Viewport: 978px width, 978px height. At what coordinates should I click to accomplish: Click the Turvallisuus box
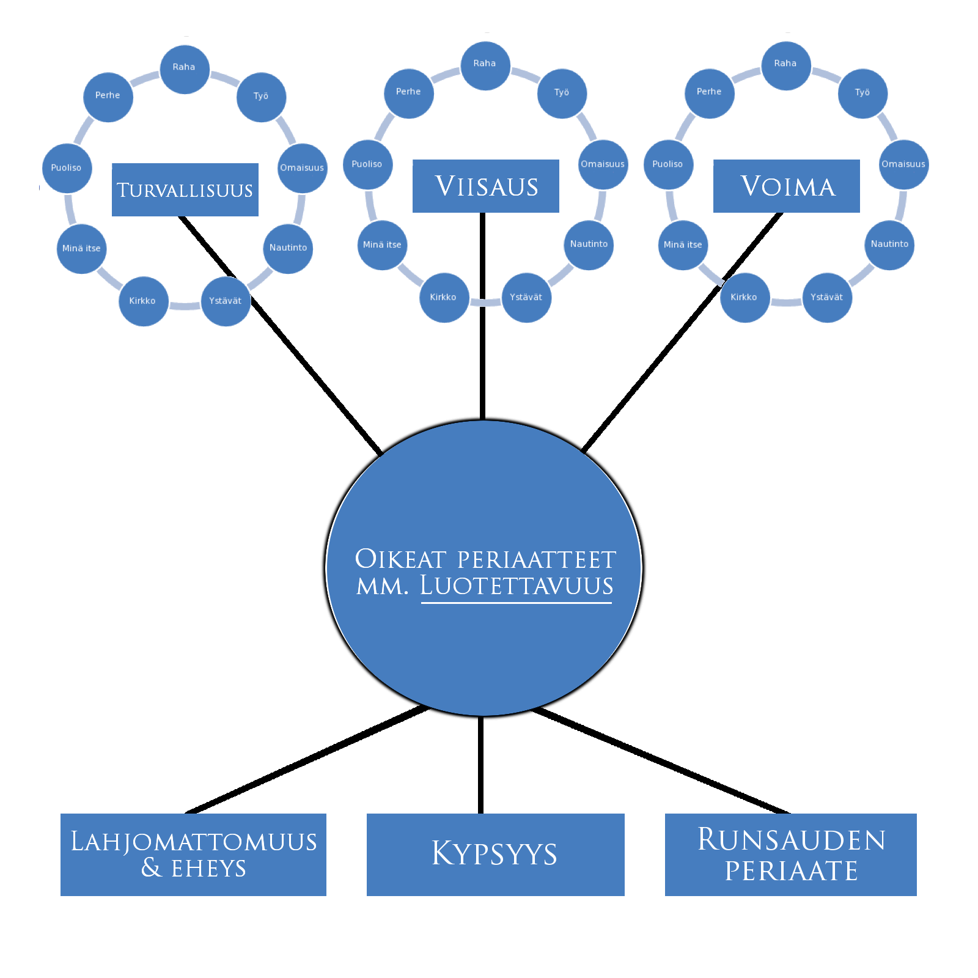185,189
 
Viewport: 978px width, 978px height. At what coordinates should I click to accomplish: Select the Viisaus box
485,186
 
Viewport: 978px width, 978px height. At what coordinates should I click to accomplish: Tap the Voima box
786,186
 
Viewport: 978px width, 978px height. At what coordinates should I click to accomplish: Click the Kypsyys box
495,854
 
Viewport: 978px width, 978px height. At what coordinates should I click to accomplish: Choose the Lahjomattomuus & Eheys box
193,854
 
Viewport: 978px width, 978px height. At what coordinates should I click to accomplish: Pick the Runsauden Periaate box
790,854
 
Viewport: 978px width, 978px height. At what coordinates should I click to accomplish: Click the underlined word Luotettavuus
516,586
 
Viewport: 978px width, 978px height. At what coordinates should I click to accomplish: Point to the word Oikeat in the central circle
400,559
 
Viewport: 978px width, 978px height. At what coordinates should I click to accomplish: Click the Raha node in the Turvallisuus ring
184,69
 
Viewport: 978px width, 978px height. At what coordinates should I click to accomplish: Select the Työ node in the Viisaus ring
562,94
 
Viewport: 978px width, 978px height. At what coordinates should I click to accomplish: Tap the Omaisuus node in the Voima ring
903,164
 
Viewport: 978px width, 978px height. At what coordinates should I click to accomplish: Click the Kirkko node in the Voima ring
744,298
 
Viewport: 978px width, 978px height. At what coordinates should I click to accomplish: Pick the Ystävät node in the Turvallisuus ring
226,301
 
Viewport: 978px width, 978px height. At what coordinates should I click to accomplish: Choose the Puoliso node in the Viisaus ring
367,164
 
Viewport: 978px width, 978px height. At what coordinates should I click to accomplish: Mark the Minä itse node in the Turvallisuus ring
81,248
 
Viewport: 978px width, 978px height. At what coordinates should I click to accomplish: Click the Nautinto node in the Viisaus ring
589,244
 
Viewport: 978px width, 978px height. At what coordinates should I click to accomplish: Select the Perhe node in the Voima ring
709,93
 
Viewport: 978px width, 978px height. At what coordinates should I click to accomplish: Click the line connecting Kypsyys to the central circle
481,764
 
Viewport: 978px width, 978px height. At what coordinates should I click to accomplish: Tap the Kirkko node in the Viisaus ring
444,298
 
